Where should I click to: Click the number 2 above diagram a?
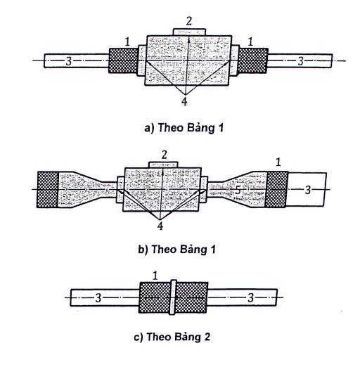point(189,21)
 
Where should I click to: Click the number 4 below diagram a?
point(184,102)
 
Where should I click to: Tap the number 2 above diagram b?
point(165,155)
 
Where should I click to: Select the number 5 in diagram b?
point(238,190)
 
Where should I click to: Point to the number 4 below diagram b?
point(160,226)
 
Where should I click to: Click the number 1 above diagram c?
point(155,276)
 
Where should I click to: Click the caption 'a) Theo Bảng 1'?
point(184,128)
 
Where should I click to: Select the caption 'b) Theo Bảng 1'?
point(176,249)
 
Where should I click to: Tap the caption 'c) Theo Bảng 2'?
point(172,337)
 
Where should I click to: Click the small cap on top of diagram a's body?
point(189,32)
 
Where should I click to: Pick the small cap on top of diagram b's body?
point(163,165)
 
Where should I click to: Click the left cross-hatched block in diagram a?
point(124,60)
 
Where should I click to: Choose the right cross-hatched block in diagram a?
point(253,60)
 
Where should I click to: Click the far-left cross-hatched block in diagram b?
point(48,189)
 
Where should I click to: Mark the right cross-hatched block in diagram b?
point(277,189)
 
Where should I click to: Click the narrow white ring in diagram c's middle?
point(173,297)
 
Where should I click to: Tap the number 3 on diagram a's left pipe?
point(68,61)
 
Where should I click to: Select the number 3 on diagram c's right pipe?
point(251,297)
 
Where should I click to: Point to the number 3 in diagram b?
point(308,190)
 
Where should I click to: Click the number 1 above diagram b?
point(278,162)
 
